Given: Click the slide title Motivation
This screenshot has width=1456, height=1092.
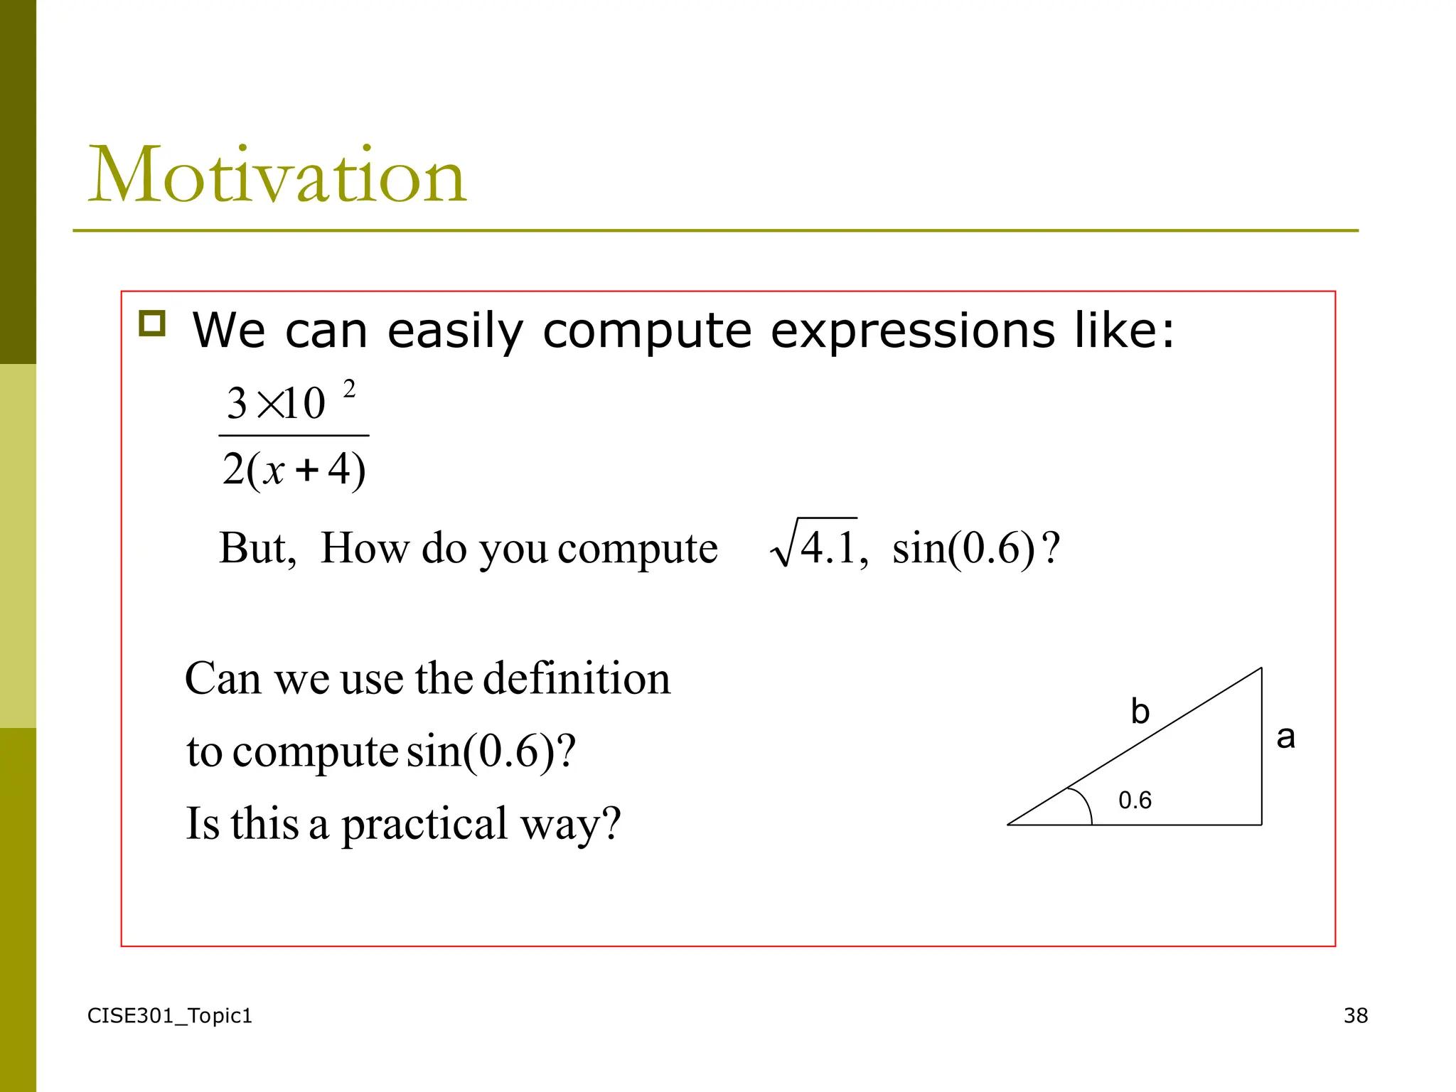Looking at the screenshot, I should click(x=277, y=175).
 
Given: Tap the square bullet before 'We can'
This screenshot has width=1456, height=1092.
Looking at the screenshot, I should click(x=152, y=323).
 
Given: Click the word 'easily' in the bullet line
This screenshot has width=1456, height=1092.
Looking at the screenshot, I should click(x=455, y=332).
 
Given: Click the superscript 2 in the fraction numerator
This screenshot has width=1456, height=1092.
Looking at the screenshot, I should click(x=349, y=390).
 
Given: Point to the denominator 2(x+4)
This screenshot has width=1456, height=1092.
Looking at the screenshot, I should click(x=294, y=470).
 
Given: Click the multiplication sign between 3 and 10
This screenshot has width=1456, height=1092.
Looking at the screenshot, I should click(x=271, y=405).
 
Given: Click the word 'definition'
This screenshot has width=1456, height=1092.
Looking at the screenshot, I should click(x=577, y=678).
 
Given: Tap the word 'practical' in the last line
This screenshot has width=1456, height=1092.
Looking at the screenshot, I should click(x=424, y=825).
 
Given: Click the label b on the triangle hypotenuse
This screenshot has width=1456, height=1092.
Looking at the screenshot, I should click(x=1140, y=712).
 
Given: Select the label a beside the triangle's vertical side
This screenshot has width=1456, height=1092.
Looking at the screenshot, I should click(x=1285, y=737).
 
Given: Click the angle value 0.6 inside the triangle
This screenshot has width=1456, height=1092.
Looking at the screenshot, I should click(x=1135, y=801).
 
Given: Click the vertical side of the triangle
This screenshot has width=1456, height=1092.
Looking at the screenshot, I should click(x=1262, y=746).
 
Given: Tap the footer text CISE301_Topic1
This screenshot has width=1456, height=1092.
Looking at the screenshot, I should click(x=169, y=1016).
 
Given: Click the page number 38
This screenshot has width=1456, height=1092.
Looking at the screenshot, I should click(x=1355, y=1016).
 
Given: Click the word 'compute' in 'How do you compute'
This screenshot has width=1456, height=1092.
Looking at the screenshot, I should click(x=638, y=549).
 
